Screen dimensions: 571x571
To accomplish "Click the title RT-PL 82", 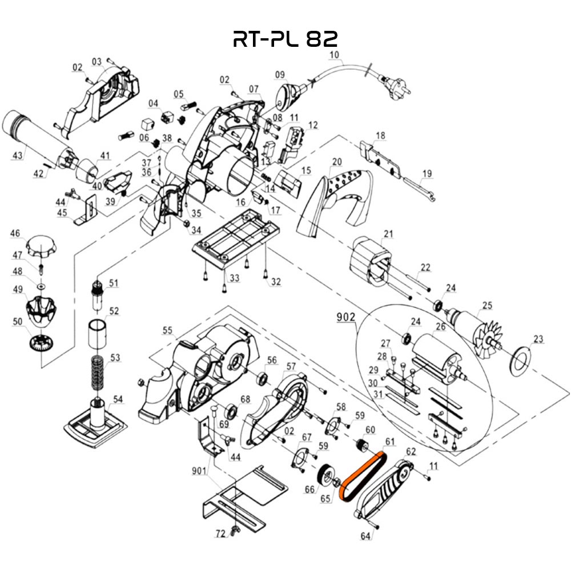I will [285, 38].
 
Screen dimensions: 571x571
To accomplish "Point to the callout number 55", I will [167, 330].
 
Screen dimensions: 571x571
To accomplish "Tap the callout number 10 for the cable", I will [335, 55].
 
